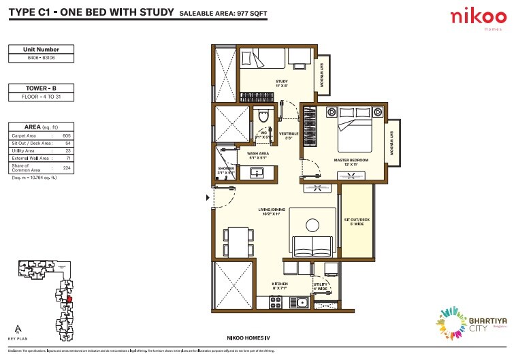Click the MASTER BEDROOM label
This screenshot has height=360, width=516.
351,162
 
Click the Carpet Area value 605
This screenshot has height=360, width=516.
66,136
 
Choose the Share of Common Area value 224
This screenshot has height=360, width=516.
66,167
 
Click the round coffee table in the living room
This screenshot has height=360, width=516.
312,225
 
